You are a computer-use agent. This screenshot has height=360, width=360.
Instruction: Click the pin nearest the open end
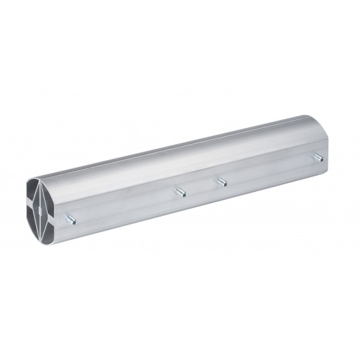tap(70, 219)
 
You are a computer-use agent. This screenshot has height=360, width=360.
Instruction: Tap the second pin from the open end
tap(180, 193)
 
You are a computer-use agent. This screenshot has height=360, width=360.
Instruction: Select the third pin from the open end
tap(219, 181)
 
